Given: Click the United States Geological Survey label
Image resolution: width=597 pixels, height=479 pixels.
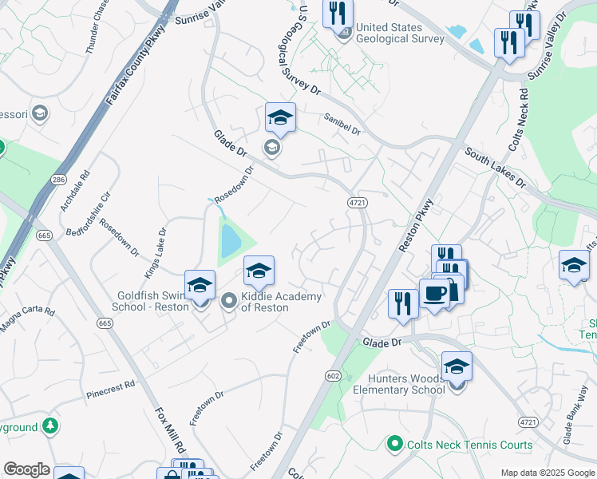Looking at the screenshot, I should [x=400, y=33].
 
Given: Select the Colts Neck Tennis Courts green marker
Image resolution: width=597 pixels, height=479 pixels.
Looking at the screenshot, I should [x=393, y=442].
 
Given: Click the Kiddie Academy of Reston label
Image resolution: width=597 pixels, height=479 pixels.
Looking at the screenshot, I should [x=281, y=302].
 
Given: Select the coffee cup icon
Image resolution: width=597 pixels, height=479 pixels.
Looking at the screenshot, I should [x=435, y=294].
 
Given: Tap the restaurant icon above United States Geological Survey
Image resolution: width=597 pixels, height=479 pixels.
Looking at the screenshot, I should [x=338, y=14].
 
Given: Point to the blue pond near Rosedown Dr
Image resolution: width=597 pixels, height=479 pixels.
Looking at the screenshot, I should [x=230, y=240].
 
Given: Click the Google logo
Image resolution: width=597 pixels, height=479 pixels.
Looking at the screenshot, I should [x=26, y=469].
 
